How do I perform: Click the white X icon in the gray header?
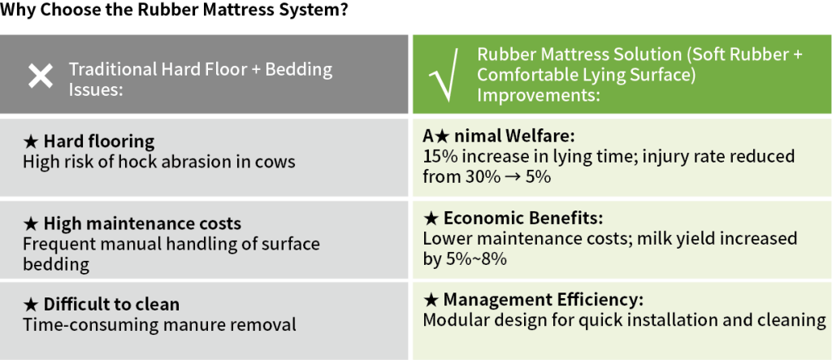41,76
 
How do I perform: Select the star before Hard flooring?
31,141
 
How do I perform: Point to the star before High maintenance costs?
31,224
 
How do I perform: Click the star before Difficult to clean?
31,305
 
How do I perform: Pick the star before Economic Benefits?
431,219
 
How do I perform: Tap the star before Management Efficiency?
431,300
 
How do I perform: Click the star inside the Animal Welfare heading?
442,137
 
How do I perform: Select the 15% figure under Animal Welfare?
436,157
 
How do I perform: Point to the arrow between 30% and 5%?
512,177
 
